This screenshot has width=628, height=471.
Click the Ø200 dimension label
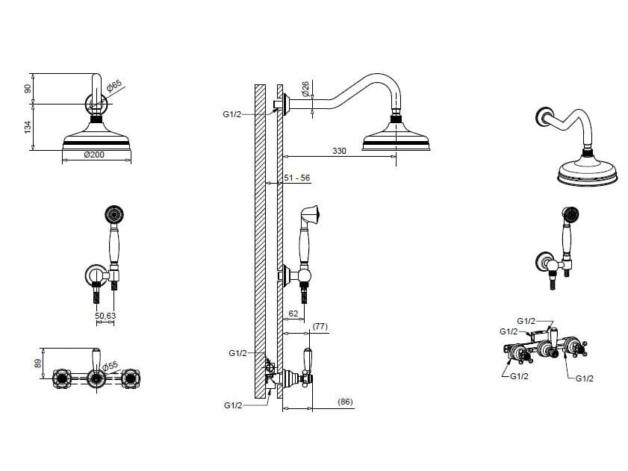click(x=94, y=155)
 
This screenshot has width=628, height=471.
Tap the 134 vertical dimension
click(x=28, y=127)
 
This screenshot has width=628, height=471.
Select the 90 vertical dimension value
click(x=28, y=89)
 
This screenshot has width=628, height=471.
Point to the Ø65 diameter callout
click(x=114, y=86)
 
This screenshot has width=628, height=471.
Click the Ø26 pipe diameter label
click(x=305, y=89)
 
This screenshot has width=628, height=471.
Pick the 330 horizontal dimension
click(x=339, y=151)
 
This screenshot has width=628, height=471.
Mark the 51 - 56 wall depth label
click(x=297, y=178)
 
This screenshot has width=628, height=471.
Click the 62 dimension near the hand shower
click(x=293, y=314)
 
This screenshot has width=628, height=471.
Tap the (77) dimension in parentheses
click(x=320, y=326)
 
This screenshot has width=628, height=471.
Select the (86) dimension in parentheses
click(x=345, y=402)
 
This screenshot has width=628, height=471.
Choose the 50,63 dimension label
click(x=105, y=316)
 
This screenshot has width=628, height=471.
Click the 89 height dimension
click(x=37, y=364)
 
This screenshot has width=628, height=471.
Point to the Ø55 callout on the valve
click(x=110, y=366)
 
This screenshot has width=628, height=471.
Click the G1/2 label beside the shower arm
click(x=232, y=114)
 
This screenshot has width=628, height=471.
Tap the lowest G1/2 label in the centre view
click(x=233, y=405)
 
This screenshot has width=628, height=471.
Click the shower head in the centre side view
click(x=396, y=135)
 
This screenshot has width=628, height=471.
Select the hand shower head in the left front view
click(x=114, y=215)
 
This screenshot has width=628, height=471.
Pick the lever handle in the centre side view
click(x=308, y=359)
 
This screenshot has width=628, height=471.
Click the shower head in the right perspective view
click(x=587, y=170)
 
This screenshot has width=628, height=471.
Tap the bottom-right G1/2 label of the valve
click(x=585, y=378)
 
